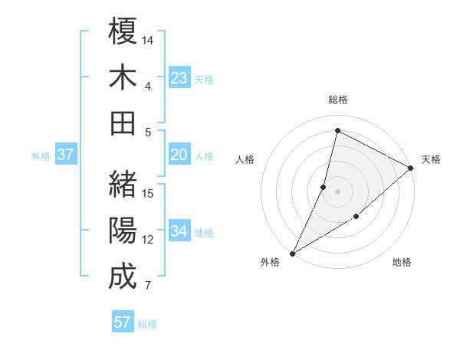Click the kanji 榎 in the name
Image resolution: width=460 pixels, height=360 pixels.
click(123, 31)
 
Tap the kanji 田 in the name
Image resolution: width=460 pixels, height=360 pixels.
click(123, 123)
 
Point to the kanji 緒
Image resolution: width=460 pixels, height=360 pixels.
click(123, 184)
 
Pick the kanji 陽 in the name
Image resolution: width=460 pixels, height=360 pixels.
click(123, 231)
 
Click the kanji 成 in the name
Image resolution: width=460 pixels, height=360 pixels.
click(123, 277)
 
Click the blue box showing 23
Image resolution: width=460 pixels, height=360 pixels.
click(179, 77)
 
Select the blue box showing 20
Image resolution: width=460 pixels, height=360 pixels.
click(179, 155)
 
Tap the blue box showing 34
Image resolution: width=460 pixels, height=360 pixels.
click(179, 231)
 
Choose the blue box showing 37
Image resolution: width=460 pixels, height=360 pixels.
click(66, 155)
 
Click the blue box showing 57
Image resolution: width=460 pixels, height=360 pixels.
click(123, 322)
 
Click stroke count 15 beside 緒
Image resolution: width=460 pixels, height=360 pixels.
click(149, 193)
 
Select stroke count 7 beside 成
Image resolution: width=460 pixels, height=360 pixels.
click(147, 286)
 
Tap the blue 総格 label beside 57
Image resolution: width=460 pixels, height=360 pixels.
click(147, 324)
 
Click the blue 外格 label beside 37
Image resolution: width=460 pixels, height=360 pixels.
click(41, 156)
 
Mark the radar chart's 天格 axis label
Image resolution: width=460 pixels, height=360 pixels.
click(431, 159)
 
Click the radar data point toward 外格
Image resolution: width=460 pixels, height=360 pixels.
click(292, 253)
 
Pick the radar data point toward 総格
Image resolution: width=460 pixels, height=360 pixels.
click(337, 130)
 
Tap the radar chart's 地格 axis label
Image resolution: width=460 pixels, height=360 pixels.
click(402, 262)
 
